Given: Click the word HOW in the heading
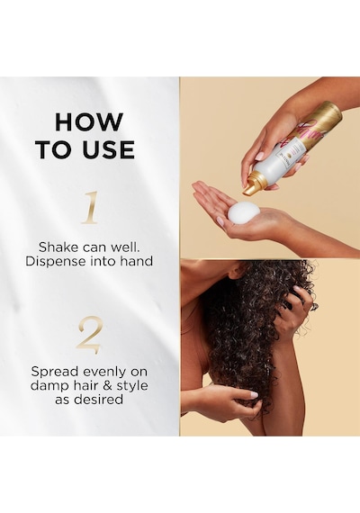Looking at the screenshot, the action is [x=89, y=122].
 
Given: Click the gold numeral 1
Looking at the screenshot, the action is [x=90, y=208].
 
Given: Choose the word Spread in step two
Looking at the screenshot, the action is [x=55, y=372].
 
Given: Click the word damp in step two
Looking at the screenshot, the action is [x=48, y=387].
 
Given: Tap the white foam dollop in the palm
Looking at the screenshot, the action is [x=244, y=212].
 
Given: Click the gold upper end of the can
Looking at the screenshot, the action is [x=328, y=116].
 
